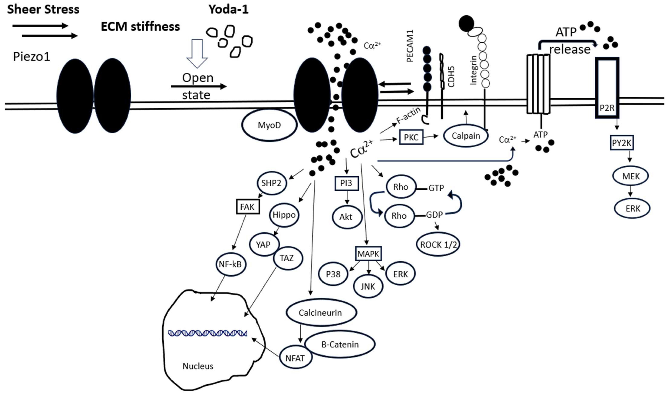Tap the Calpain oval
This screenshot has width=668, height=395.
466,136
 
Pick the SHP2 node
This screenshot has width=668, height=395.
271,183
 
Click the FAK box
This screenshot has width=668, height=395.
248,207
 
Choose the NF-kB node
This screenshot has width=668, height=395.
230,264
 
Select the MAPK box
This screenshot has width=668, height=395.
368,254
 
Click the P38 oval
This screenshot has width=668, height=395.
333,274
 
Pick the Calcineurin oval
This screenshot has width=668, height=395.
321,313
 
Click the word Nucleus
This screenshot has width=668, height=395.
198,366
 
